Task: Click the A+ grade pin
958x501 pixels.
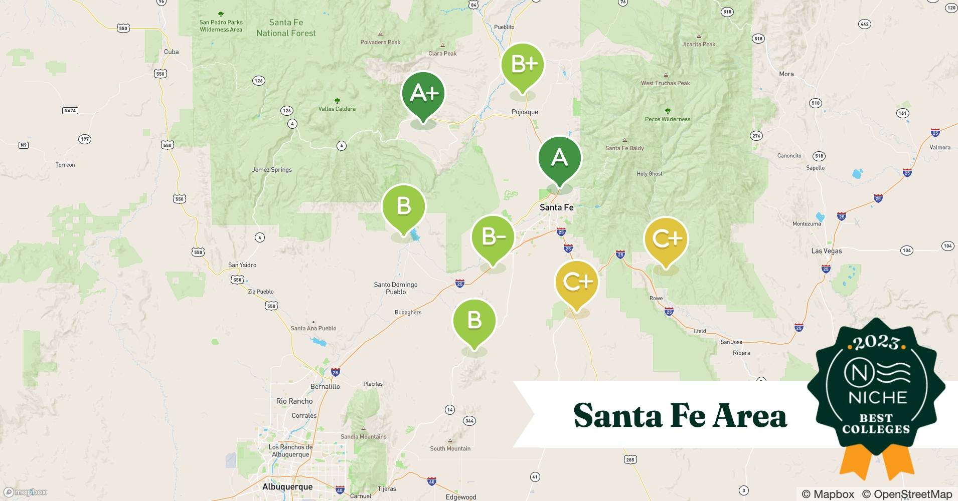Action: click(423, 94)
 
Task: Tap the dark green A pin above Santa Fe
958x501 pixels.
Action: click(559, 158)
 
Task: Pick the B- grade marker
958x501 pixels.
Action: click(493, 237)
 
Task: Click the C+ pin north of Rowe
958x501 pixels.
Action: click(666, 239)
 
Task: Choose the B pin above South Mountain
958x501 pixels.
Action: click(474, 321)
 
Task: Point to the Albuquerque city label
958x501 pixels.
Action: click(287, 486)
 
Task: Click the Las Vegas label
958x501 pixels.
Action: click(826, 250)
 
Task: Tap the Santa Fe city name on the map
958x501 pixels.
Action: click(556, 207)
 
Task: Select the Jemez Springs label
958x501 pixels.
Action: click(272, 170)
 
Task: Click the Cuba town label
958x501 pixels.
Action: click(171, 52)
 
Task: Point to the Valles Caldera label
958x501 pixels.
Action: click(337, 109)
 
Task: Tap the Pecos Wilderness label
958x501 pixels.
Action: click(667, 119)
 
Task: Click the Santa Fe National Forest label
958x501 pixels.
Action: click(286, 28)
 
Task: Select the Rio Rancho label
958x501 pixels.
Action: click(294, 401)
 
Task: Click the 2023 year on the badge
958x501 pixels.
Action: click(876, 343)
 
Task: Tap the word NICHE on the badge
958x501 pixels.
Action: click(877, 398)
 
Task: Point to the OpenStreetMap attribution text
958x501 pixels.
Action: click(907, 494)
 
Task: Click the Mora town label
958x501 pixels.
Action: click(786, 74)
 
